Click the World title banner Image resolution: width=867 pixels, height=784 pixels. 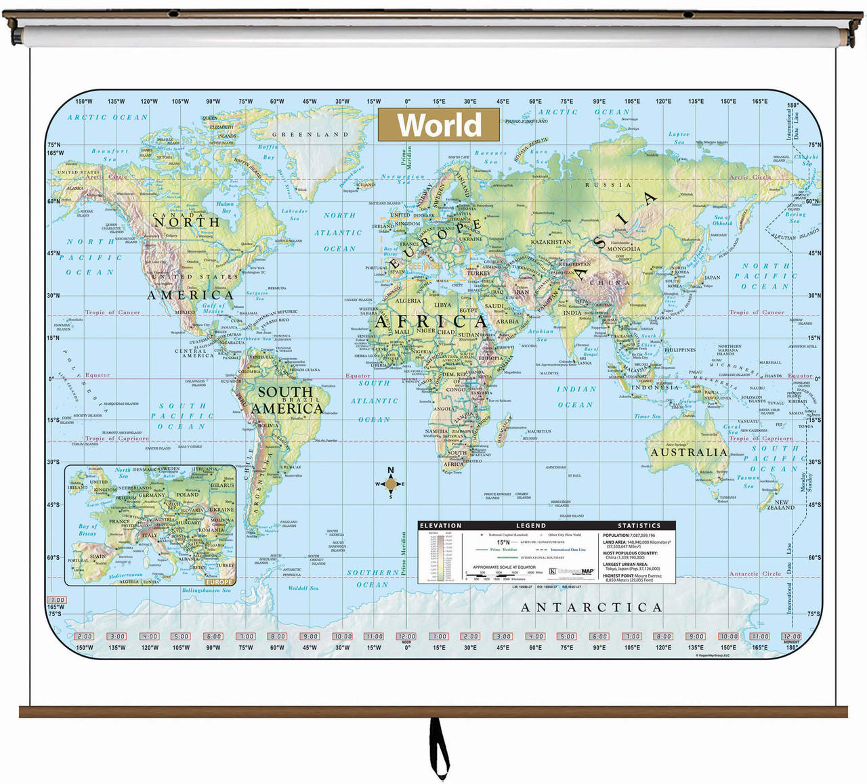[x=439, y=125]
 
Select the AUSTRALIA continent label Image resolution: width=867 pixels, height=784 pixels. [x=689, y=452]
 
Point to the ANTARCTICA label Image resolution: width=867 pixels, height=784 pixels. [x=591, y=607]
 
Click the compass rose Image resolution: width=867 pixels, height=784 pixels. [x=390, y=483]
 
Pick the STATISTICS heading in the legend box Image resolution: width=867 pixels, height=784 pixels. [x=639, y=525]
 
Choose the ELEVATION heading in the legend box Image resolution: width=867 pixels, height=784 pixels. [x=440, y=525]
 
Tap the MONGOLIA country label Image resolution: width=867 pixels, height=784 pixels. [x=623, y=248]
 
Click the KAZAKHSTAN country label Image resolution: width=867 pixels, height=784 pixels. [x=551, y=242]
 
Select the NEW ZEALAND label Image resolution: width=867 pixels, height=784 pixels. [x=781, y=505]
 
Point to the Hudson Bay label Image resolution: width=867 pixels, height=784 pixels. [x=225, y=207]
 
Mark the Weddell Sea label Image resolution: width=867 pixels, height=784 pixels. [x=303, y=588]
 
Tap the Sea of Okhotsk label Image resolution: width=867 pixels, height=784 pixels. [x=722, y=220]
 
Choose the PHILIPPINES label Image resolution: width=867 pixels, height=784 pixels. [x=680, y=350]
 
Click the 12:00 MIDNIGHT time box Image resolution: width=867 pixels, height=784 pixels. [x=790, y=637]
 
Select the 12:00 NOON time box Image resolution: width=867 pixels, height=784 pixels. [x=406, y=637]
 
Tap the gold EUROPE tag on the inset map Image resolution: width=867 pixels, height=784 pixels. [x=219, y=582]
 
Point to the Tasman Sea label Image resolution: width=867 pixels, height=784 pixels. [x=748, y=481]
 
